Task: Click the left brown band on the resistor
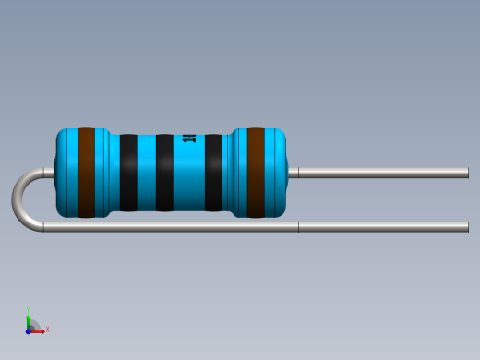tap(86, 173)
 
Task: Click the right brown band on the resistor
tap(256, 173)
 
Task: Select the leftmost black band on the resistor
tap(128, 173)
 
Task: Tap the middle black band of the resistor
tap(164, 173)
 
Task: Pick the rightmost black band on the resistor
tap(213, 173)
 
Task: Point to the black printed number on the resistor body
tap(189, 138)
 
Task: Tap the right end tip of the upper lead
tap(466, 173)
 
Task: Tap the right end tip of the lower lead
tap(466, 226)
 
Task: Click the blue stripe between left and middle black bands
tap(146, 173)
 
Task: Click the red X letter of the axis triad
tap(47, 329)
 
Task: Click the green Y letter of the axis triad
tap(29, 311)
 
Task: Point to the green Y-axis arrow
tap(29, 320)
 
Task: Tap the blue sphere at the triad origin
tap(29, 330)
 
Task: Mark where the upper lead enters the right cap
tap(288, 173)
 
